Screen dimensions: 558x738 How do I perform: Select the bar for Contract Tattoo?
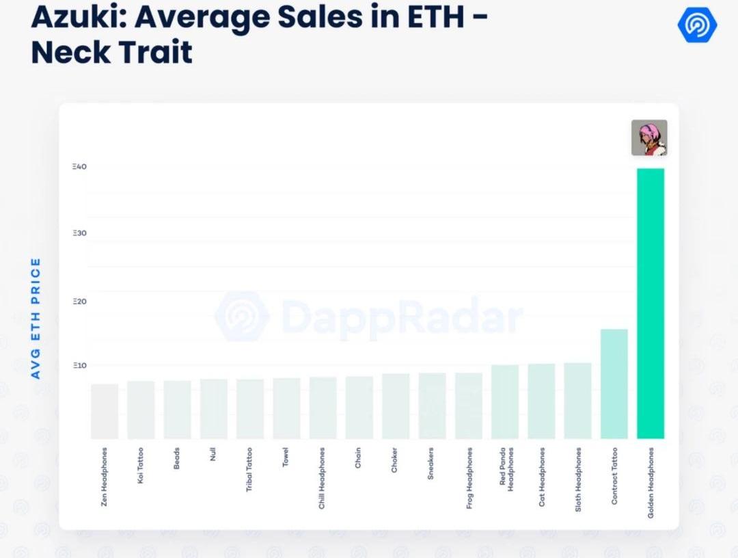(614, 384)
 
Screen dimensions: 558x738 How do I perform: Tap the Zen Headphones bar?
(105, 411)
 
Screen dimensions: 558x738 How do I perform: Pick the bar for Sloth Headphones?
(577, 400)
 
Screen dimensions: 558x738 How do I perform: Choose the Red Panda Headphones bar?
(505, 401)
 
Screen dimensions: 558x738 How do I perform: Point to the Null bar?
(213, 408)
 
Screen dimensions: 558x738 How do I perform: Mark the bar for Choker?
(396, 406)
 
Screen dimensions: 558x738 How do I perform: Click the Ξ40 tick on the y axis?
(79, 167)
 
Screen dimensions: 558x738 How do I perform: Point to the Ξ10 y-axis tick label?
(79, 366)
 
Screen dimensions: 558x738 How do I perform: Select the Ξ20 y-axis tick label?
(79, 302)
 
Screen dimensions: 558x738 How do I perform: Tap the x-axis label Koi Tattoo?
(141, 466)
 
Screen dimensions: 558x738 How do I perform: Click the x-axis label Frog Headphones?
(469, 479)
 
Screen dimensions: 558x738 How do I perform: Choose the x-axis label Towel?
(286, 457)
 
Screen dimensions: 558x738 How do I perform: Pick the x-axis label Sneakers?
(430, 464)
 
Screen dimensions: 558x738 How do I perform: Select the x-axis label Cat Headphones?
(542, 477)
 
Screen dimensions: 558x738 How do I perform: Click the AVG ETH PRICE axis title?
(36, 318)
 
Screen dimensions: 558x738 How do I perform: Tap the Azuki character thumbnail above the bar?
(649, 137)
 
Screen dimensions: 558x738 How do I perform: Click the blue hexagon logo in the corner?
(697, 26)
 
